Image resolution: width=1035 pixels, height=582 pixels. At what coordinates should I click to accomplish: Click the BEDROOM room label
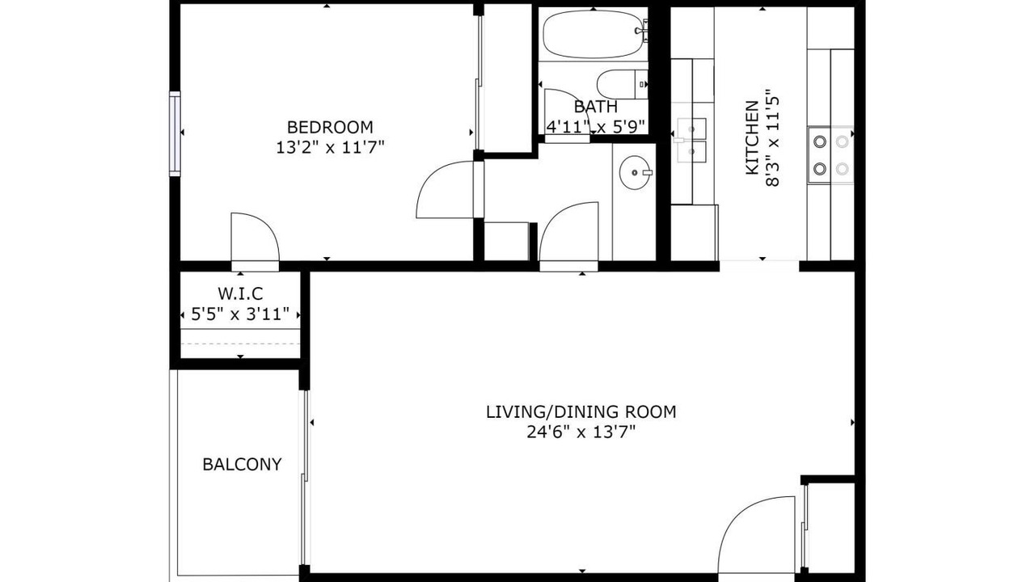[330, 127]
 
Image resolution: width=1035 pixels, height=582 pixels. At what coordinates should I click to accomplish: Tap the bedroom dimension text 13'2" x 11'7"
[330, 148]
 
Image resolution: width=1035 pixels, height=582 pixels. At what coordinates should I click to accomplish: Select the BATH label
[596, 107]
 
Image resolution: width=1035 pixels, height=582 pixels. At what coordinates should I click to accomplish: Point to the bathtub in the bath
[594, 34]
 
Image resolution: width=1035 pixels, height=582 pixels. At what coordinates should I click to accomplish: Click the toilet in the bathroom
[622, 85]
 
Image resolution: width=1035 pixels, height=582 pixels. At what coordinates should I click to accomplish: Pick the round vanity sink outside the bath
[636, 173]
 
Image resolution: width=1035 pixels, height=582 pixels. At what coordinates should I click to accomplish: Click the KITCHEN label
[752, 137]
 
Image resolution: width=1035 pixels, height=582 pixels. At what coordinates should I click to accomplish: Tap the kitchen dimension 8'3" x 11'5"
[772, 137]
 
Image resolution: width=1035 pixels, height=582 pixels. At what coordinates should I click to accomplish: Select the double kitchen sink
[691, 140]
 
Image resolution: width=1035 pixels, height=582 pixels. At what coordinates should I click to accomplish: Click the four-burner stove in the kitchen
[830, 154]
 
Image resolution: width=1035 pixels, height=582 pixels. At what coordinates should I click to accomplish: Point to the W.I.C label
[240, 293]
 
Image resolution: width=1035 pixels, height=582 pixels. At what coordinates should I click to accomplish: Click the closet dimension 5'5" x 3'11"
[240, 314]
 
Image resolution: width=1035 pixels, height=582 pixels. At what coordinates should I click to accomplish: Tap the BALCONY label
[242, 464]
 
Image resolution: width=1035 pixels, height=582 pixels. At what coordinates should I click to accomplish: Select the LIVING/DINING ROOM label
[581, 411]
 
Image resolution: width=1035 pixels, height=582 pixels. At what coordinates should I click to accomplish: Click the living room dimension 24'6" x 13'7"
[581, 432]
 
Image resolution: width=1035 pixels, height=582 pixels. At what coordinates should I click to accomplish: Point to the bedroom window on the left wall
[175, 133]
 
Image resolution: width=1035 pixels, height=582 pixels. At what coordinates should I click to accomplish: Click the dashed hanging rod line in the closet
[240, 344]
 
